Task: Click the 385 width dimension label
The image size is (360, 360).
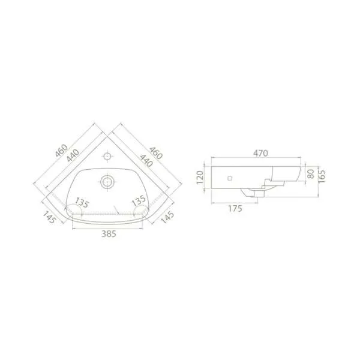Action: click(109, 234)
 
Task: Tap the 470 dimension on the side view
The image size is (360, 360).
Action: click(260, 153)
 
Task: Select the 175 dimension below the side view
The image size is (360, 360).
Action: click(235, 209)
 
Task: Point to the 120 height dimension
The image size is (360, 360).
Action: click(200, 177)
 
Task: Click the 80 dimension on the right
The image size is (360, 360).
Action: click(310, 174)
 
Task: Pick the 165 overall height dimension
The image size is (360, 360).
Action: click(322, 176)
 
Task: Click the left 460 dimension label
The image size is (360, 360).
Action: click(61, 151)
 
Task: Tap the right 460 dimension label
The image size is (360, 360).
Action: click(156, 153)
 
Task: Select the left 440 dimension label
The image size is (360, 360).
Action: click(73, 155)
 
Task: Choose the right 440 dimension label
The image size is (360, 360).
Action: click(146, 161)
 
